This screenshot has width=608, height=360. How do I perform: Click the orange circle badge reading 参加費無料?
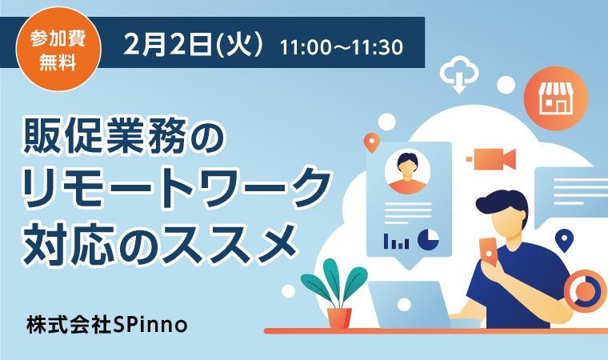click(58, 50)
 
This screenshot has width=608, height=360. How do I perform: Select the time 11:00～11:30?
click(342, 47)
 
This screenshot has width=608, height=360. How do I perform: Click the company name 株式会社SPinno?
click(107, 324)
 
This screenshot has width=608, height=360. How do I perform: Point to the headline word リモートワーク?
click(177, 189)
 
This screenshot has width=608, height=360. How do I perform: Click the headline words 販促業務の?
click(124, 137)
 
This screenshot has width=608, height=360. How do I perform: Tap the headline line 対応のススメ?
click(159, 242)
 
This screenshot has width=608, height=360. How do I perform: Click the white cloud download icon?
click(459, 74)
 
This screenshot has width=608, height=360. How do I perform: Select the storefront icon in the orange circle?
click(556, 98)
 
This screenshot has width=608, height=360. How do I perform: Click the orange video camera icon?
click(492, 159)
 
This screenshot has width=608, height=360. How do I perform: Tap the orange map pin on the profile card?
click(371, 142)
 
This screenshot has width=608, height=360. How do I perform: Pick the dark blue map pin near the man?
click(564, 240)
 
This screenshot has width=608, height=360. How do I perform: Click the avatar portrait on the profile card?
click(407, 171)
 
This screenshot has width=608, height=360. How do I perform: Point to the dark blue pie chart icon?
click(429, 239)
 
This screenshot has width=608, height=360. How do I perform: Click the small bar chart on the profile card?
click(396, 242)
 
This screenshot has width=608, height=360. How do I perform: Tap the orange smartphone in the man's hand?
click(488, 251)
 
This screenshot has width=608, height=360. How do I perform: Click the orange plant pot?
click(339, 318)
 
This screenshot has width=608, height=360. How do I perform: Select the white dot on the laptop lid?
click(404, 305)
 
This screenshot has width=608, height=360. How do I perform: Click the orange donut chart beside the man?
click(585, 291)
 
